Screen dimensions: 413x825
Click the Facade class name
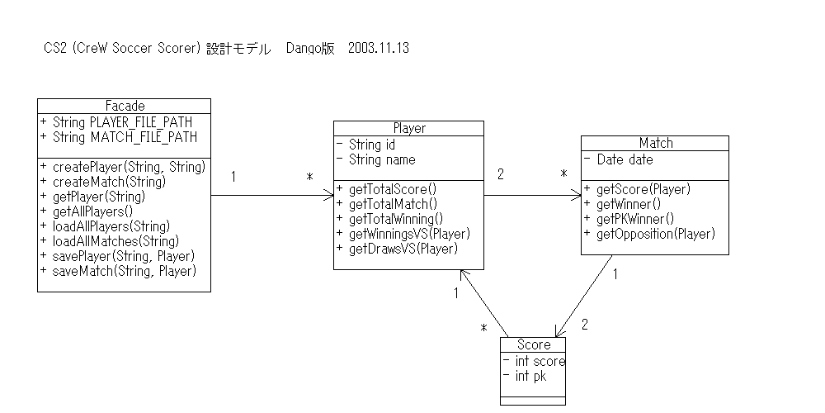coord(125,106)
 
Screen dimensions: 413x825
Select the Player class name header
coord(408,128)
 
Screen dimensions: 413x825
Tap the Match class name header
coord(655,143)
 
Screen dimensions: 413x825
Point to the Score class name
coord(533,344)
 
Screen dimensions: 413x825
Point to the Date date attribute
coord(618,159)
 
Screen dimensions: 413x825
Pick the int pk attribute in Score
coord(523,377)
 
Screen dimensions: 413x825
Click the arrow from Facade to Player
coord(272,196)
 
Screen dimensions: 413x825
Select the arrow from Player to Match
coord(532,196)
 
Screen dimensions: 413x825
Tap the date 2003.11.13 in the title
coord(379,49)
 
